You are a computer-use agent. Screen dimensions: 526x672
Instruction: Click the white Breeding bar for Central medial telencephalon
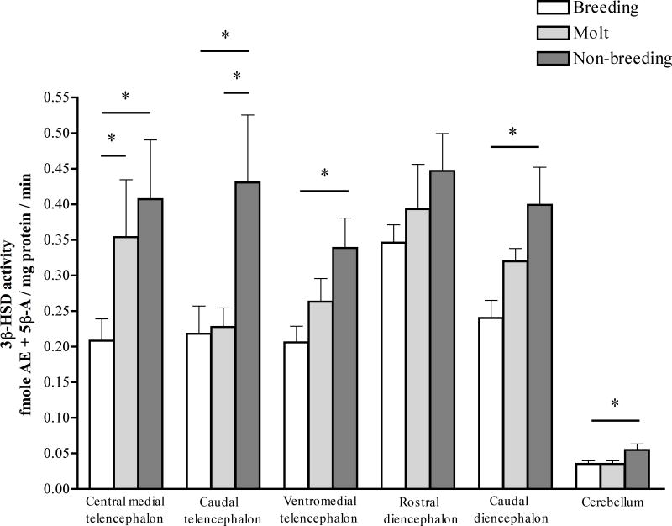pos(102,414)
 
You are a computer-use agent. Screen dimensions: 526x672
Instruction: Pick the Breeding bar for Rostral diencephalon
pos(395,365)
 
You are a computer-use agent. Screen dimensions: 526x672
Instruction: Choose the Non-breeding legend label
pos(622,58)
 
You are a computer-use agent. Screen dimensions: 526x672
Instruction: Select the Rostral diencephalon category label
pos(419,510)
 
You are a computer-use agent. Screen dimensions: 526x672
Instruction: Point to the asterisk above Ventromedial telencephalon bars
pos(324,175)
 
